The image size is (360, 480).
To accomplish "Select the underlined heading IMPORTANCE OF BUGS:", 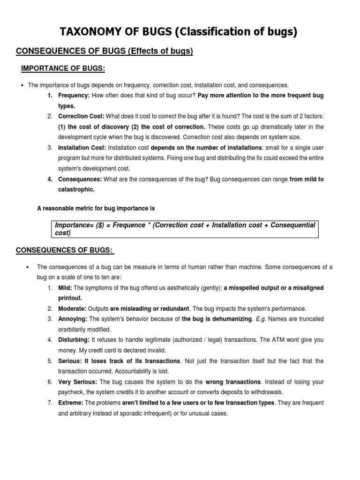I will (x=63, y=69).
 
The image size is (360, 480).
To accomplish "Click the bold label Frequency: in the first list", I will (x=74, y=96).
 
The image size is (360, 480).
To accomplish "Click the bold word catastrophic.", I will (x=76, y=189).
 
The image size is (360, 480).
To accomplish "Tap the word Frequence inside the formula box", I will (x=128, y=225).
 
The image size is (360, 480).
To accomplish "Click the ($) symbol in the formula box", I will (x=100, y=225).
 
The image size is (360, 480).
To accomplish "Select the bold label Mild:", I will (x=65, y=288).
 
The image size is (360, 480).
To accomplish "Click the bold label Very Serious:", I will (x=77, y=382).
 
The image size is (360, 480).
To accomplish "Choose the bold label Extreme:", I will (x=71, y=403).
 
